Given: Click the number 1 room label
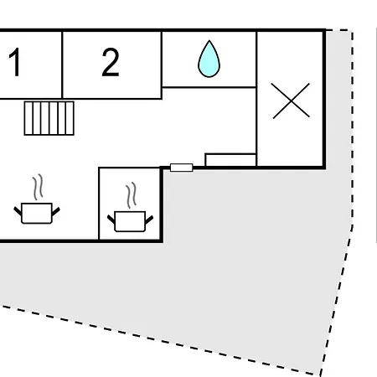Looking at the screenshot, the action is click(14, 62).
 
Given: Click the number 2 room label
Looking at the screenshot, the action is click(111, 62).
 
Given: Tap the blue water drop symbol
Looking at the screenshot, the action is click(209, 59).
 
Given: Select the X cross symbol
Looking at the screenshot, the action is click(291, 101).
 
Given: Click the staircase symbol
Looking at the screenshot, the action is click(49, 118).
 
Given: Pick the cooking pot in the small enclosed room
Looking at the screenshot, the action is click(130, 221).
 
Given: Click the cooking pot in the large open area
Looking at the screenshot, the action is click(37, 213).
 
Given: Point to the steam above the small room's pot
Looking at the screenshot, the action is click(131, 195).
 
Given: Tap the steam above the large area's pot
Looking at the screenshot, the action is click(38, 187).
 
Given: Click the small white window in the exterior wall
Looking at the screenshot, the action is click(182, 168).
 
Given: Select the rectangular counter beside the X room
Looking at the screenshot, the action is click(230, 160).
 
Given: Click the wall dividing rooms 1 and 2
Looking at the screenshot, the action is click(62, 65).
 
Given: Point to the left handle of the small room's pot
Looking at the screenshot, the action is click(111, 219).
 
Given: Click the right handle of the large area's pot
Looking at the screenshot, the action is click(56, 211).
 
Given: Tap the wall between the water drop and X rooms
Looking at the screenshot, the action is click(256, 99).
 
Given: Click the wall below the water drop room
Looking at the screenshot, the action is click(209, 87).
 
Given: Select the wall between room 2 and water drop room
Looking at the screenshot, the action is click(162, 65).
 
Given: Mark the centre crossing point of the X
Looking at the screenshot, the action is click(291, 101).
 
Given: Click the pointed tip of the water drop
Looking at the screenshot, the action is click(209, 41).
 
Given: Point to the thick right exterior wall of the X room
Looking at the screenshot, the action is click(324, 99).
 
